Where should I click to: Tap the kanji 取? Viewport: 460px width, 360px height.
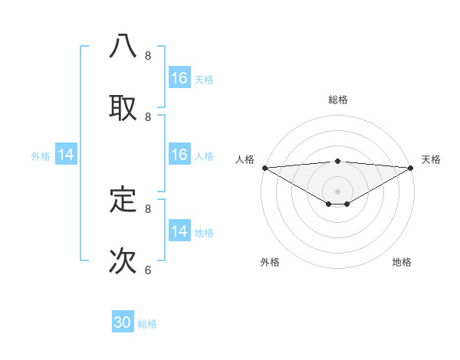pyautogui.click(x=123, y=107)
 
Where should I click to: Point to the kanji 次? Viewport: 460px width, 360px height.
pyautogui.click(x=123, y=260)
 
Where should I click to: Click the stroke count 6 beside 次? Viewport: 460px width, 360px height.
pyautogui.click(x=148, y=270)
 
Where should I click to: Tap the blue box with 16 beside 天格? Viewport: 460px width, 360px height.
pyautogui.click(x=179, y=78)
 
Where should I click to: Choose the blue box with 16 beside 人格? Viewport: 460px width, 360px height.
pyautogui.click(x=179, y=155)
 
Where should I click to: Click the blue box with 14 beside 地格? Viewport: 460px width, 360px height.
pyautogui.click(x=179, y=231)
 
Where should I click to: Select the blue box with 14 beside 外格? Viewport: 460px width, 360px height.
pyautogui.click(x=66, y=155)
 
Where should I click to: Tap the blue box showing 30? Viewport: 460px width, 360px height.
pyautogui.click(x=123, y=322)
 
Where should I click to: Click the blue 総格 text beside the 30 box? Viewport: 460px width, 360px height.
pyautogui.click(x=147, y=324)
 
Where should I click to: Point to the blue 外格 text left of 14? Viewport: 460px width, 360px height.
pyautogui.click(x=41, y=156)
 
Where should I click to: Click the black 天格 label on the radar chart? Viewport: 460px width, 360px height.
pyautogui.click(x=431, y=159)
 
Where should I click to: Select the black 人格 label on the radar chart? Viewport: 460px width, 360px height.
pyautogui.click(x=245, y=159)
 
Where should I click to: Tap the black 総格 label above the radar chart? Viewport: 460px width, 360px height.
pyautogui.click(x=337, y=100)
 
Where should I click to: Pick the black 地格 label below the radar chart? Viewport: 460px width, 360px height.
pyautogui.click(x=402, y=262)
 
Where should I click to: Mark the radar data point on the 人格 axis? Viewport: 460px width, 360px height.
pyautogui.click(x=264, y=168)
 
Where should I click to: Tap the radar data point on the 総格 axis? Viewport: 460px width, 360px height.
pyautogui.click(x=337, y=161)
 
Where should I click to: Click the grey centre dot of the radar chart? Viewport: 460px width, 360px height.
pyautogui.click(x=337, y=191)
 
